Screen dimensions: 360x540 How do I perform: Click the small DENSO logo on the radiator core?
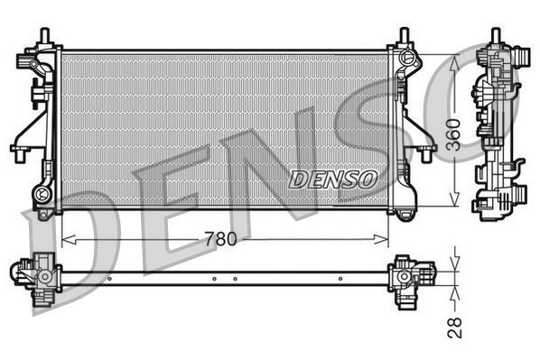(332, 180)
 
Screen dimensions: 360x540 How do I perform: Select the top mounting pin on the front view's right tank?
(403, 35)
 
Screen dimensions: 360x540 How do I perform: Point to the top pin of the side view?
(496, 35)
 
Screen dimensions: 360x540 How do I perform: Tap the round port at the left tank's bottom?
(40, 194)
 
